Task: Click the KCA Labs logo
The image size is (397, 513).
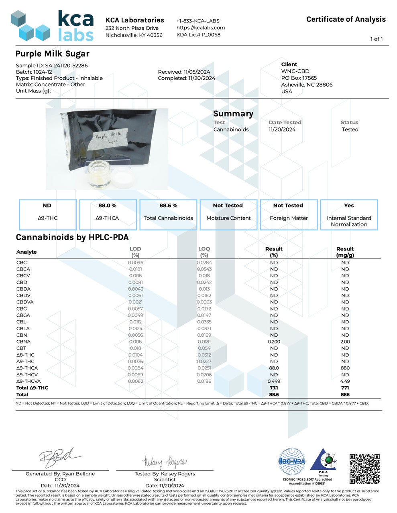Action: tap(52, 26)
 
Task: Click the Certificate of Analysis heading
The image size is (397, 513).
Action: tap(346, 19)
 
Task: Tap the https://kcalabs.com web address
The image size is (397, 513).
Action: tap(201, 28)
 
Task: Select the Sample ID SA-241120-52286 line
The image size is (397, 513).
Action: tap(52, 65)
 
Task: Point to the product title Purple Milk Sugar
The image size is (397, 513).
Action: tap(53, 54)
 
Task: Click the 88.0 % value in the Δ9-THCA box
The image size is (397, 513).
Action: tap(107, 206)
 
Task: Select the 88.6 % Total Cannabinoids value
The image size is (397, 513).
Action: tap(168, 206)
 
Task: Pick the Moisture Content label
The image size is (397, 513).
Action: tap(228, 218)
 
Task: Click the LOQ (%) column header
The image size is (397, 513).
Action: tap(204, 252)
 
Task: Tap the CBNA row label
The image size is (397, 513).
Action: tap(23, 341)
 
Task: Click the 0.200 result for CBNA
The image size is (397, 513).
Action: tap(274, 341)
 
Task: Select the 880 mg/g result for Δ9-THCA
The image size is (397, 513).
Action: tap(345, 368)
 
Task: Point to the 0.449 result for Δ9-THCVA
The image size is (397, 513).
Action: tap(274, 381)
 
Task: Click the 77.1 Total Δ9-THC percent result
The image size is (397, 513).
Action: tap(274, 388)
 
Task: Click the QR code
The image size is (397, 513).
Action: tap(364, 469)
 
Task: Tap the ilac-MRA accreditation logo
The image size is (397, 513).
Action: tap(292, 462)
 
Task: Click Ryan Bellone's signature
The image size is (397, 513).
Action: tap(60, 457)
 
